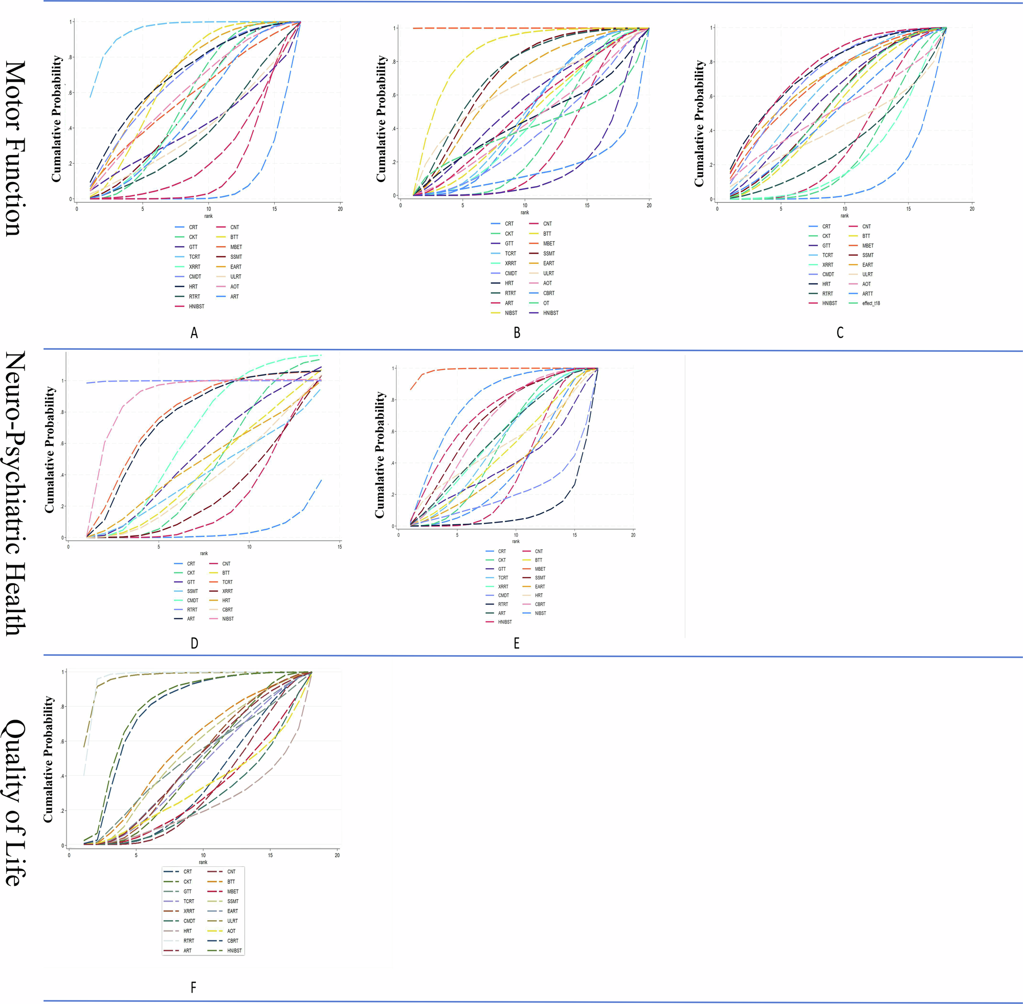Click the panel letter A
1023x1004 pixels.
[194, 333]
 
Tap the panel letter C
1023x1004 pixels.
[839, 333]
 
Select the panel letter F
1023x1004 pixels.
[193, 987]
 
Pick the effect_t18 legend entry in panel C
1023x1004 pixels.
[871, 303]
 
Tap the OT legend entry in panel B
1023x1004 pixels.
[546, 303]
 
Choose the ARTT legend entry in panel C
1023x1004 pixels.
[868, 294]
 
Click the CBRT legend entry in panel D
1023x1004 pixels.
[227, 610]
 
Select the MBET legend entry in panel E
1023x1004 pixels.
[540, 569]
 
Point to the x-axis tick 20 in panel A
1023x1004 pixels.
[340, 209]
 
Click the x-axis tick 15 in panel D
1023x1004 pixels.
[340, 547]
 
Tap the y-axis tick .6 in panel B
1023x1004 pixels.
[394, 96]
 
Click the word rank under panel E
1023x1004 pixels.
[516, 542]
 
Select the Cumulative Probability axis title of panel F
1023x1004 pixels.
[49, 760]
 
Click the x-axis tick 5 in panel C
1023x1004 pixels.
[781, 209]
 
